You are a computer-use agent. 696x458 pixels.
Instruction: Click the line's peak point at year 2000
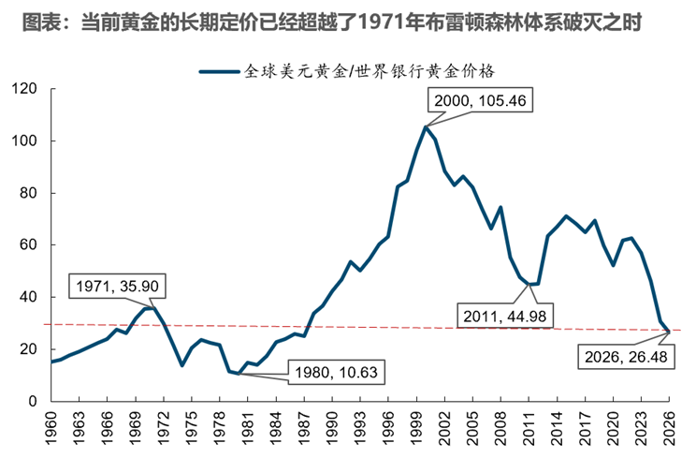coord(426,127)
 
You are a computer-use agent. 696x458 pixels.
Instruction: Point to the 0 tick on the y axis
coord(33,402)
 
